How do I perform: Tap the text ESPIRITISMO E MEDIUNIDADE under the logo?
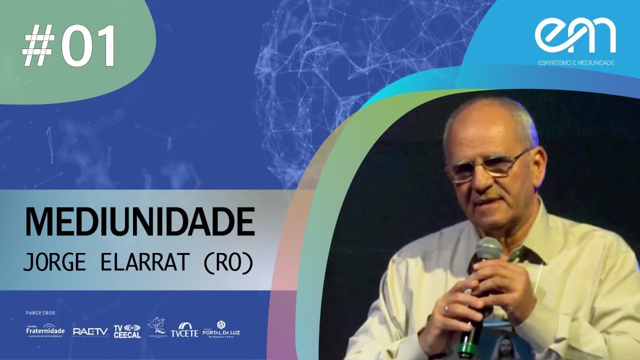575,63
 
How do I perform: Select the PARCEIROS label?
40,313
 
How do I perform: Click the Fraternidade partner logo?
45,330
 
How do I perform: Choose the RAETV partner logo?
90,331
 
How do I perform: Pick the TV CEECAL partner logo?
127,330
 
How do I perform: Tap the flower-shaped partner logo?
156,328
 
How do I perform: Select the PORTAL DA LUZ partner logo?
221,328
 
